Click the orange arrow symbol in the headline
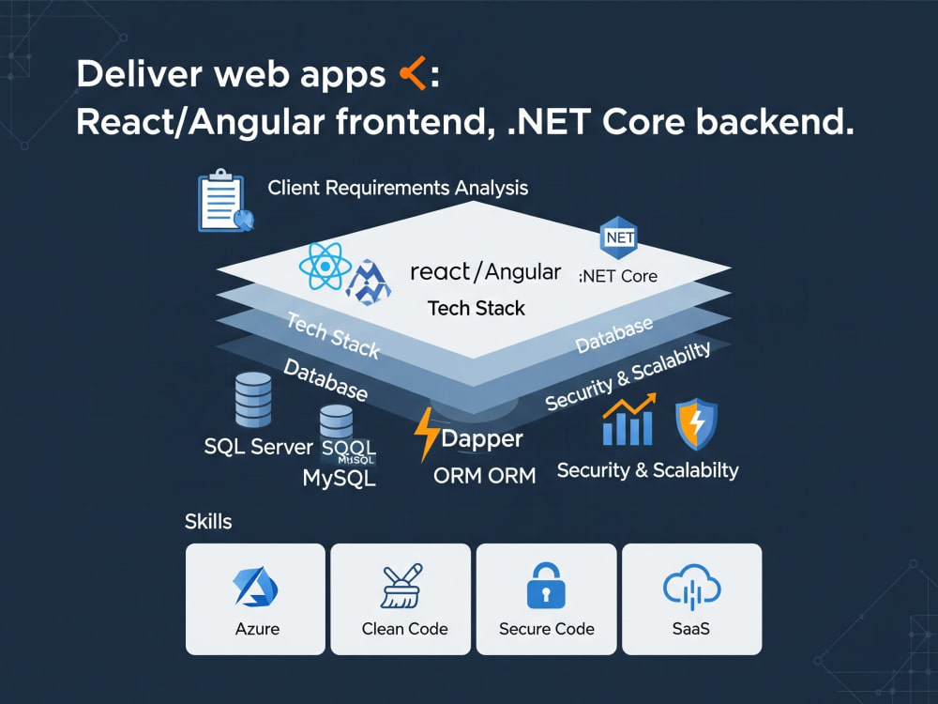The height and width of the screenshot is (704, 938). click(x=412, y=73)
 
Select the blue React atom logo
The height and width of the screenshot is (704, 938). click(x=325, y=266)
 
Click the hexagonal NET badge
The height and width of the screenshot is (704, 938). click(x=619, y=237)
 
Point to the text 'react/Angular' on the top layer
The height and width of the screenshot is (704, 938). click(x=485, y=272)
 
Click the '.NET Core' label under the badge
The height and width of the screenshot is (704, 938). click(x=618, y=276)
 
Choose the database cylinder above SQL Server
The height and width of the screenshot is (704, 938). click(x=253, y=400)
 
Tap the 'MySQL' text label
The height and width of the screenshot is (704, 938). click(x=340, y=479)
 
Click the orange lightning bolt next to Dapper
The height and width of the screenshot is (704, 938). click(x=427, y=434)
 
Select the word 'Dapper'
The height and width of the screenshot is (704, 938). click(x=482, y=439)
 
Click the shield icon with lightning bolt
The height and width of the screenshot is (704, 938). click(x=696, y=424)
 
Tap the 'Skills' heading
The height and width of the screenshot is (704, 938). click(x=208, y=521)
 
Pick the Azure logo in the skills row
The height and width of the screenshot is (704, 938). click(x=255, y=587)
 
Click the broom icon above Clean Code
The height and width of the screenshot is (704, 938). click(x=401, y=586)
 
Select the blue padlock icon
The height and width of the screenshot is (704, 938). click(x=546, y=585)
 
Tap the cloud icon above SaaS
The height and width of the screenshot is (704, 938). click(x=691, y=587)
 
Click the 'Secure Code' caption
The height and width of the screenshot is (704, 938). click(x=547, y=629)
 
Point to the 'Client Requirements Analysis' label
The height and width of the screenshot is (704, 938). click(x=398, y=188)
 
